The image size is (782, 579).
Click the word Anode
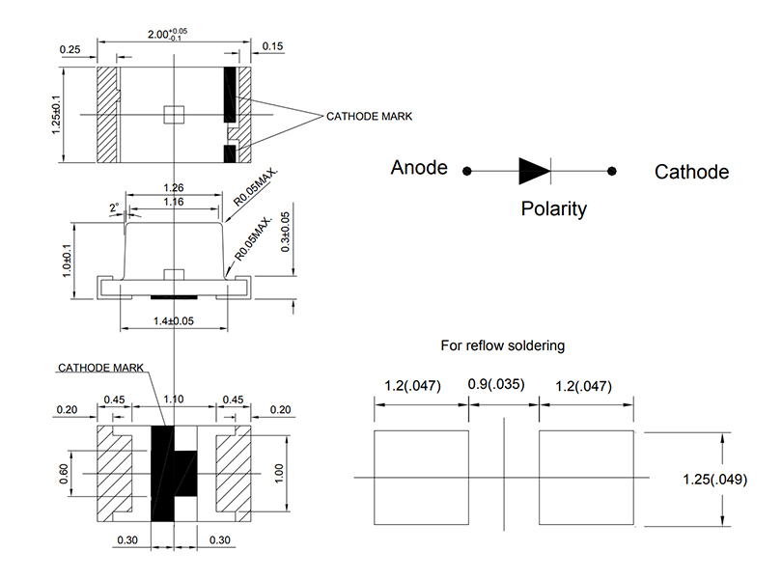pos(419,168)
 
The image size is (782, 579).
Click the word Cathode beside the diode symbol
pos(691,172)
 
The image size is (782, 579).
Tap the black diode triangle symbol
pos(534,171)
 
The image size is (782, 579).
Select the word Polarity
pos(553,208)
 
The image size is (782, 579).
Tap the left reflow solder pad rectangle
pos(422,478)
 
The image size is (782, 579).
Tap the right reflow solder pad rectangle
pos(586,478)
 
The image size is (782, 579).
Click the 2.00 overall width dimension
pos(167,34)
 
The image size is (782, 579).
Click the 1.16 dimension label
pos(174,203)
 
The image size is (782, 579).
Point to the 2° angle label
pos(115,207)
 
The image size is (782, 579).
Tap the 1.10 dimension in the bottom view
pos(174,400)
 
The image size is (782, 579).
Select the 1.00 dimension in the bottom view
pos(279,473)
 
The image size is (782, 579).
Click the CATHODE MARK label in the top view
pos(369,116)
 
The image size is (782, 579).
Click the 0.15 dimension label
pos(271,46)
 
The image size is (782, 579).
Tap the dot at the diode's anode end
pos(466,171)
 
